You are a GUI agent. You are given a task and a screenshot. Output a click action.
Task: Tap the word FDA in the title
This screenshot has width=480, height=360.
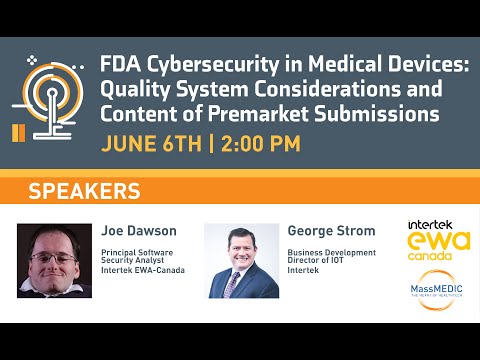point(119,65)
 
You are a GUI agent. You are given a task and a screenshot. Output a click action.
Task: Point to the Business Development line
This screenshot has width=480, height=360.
point(331,253)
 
